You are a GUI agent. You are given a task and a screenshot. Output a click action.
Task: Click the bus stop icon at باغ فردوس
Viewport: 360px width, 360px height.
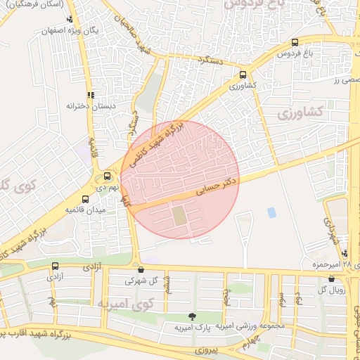294,42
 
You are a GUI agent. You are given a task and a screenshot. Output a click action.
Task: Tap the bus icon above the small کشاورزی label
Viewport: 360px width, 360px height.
243,75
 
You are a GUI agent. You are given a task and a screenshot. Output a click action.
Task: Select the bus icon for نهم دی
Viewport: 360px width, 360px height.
108,176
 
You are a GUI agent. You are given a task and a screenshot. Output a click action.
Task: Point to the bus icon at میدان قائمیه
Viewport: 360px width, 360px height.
86,199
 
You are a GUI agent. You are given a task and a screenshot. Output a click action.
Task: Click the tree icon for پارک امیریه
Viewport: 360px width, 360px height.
192,316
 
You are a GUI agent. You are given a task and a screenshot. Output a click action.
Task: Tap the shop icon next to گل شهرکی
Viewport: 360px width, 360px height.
141,269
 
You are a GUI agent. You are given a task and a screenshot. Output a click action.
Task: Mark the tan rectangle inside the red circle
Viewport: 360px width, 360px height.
181,214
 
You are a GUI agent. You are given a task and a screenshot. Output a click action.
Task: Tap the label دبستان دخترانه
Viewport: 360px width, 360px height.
70,105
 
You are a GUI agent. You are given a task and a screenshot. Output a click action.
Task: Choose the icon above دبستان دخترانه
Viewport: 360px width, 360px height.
90,94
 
